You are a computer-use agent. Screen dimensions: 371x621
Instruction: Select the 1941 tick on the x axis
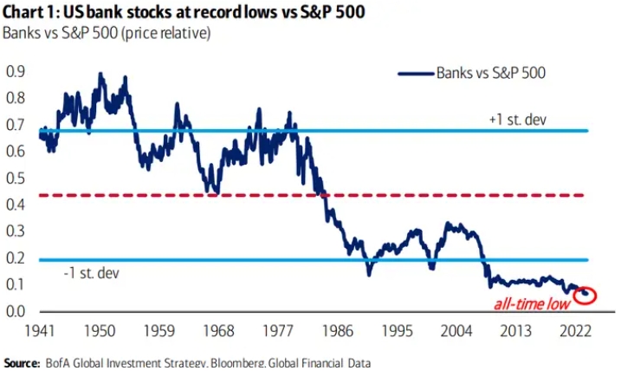(x=41, y=333)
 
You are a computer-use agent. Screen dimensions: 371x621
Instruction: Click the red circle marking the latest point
(x=585, y=295)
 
